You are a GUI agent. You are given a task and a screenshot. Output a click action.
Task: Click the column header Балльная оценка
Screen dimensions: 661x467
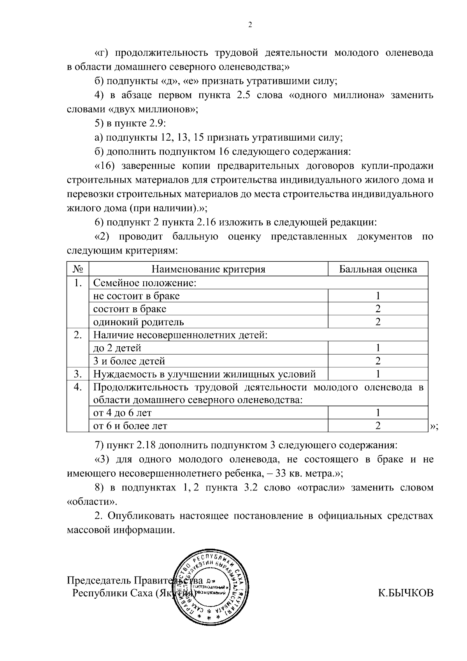[377, 269]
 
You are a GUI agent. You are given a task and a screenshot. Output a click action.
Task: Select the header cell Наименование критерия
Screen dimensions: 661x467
[208, 269]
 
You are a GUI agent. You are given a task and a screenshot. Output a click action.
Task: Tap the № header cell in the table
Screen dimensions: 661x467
[78, 269]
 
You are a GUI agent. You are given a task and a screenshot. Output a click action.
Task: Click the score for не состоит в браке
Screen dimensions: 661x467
[377, 296]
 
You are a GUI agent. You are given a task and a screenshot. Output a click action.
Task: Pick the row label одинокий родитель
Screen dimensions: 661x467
[139, 322]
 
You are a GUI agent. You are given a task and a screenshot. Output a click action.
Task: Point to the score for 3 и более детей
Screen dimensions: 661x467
[377, 361]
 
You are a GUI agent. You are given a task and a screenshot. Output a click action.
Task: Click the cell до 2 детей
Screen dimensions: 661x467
[117, 348]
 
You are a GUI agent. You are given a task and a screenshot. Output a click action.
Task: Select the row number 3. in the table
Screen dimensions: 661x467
[78, 374]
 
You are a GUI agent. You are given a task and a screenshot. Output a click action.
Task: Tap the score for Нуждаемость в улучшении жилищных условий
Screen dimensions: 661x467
[377, 374]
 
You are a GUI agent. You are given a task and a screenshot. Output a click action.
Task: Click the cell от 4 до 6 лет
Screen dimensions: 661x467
[123, 412]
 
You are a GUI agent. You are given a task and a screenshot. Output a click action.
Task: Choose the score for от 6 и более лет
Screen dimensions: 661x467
[377, 426]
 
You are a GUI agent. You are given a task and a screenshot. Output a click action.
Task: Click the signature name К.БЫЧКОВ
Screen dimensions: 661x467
[405, 593]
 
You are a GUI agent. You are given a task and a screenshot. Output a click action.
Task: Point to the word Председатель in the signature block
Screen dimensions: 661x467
[99, 581]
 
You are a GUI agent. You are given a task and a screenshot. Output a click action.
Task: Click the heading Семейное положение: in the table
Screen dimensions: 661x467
[144, 283]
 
